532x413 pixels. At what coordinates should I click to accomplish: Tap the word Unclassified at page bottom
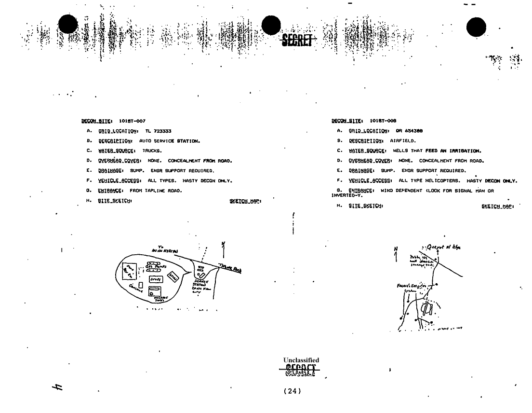[301, 360]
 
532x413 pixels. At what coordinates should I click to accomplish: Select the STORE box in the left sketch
[155, 279]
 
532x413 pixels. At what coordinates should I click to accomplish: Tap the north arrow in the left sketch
[223, 250]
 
